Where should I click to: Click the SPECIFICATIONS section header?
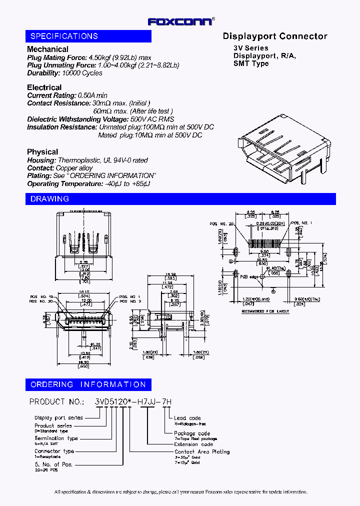point(64,36)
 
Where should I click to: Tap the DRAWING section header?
point(49,199)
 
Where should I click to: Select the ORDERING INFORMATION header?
point(88,384)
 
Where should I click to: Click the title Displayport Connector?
point(274,36)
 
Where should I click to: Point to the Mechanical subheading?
point(47,49)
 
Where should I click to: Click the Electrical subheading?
point(44,87)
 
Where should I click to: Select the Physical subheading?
point(42,152)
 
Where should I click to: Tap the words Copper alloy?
point(74,168)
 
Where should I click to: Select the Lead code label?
point(187,418)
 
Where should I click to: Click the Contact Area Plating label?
point(202,451)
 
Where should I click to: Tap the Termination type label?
point(56,438)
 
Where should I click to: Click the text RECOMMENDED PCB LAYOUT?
point(265,311)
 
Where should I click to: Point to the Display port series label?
point(58,417)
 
